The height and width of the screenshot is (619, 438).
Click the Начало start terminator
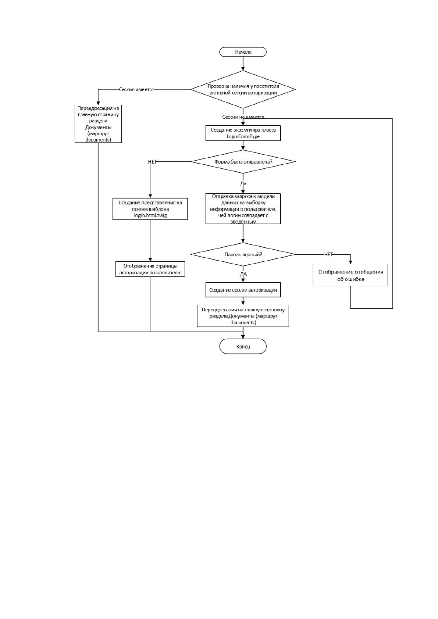[x=243, y=52]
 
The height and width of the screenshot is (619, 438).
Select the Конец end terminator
[x=243, y=346]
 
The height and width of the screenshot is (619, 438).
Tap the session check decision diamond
[x=243, y=89]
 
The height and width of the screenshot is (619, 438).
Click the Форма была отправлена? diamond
[x=243, y=162]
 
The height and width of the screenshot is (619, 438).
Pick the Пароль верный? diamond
[x=243, y=254]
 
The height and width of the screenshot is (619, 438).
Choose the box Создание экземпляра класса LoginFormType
[x=243, y=133]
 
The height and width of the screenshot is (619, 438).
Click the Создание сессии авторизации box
[x=243, y=290]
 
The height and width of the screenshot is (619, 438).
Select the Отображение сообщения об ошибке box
[x=350, y=275]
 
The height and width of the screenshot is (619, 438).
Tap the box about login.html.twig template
[x=150, y=209]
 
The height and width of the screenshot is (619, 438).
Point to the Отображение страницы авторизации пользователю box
[x=150, y=269]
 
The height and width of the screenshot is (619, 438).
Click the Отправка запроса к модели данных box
[x=243, y=209]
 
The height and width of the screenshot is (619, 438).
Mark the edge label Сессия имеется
[x=136, y=90]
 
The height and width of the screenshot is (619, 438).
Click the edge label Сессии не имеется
[x=243, y=117]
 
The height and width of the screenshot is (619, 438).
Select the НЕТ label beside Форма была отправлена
[x=152, y=162]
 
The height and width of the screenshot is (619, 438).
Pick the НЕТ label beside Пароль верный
[x=328, y=254]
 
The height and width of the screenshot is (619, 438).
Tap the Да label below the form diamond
[x=243, y=183]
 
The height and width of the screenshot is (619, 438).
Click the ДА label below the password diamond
[x=243, y=274]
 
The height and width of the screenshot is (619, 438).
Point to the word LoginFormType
[x=243, y=136]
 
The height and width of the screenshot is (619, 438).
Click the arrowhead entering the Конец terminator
[x=243, y=337]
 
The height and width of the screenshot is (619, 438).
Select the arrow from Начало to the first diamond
[x=243, y=64]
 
